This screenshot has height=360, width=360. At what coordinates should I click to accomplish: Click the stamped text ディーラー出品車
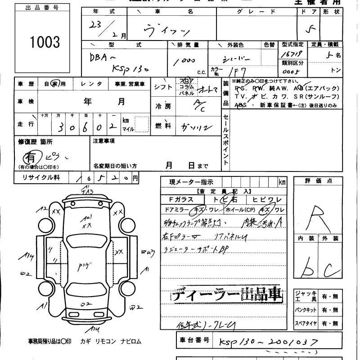(227, 295)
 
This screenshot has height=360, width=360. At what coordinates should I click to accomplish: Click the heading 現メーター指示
(191, 182)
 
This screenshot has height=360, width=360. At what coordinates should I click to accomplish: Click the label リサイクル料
(41, 178)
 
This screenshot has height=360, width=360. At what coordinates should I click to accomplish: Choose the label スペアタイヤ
(306, 323)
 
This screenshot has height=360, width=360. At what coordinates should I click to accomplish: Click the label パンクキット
(306, 310)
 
